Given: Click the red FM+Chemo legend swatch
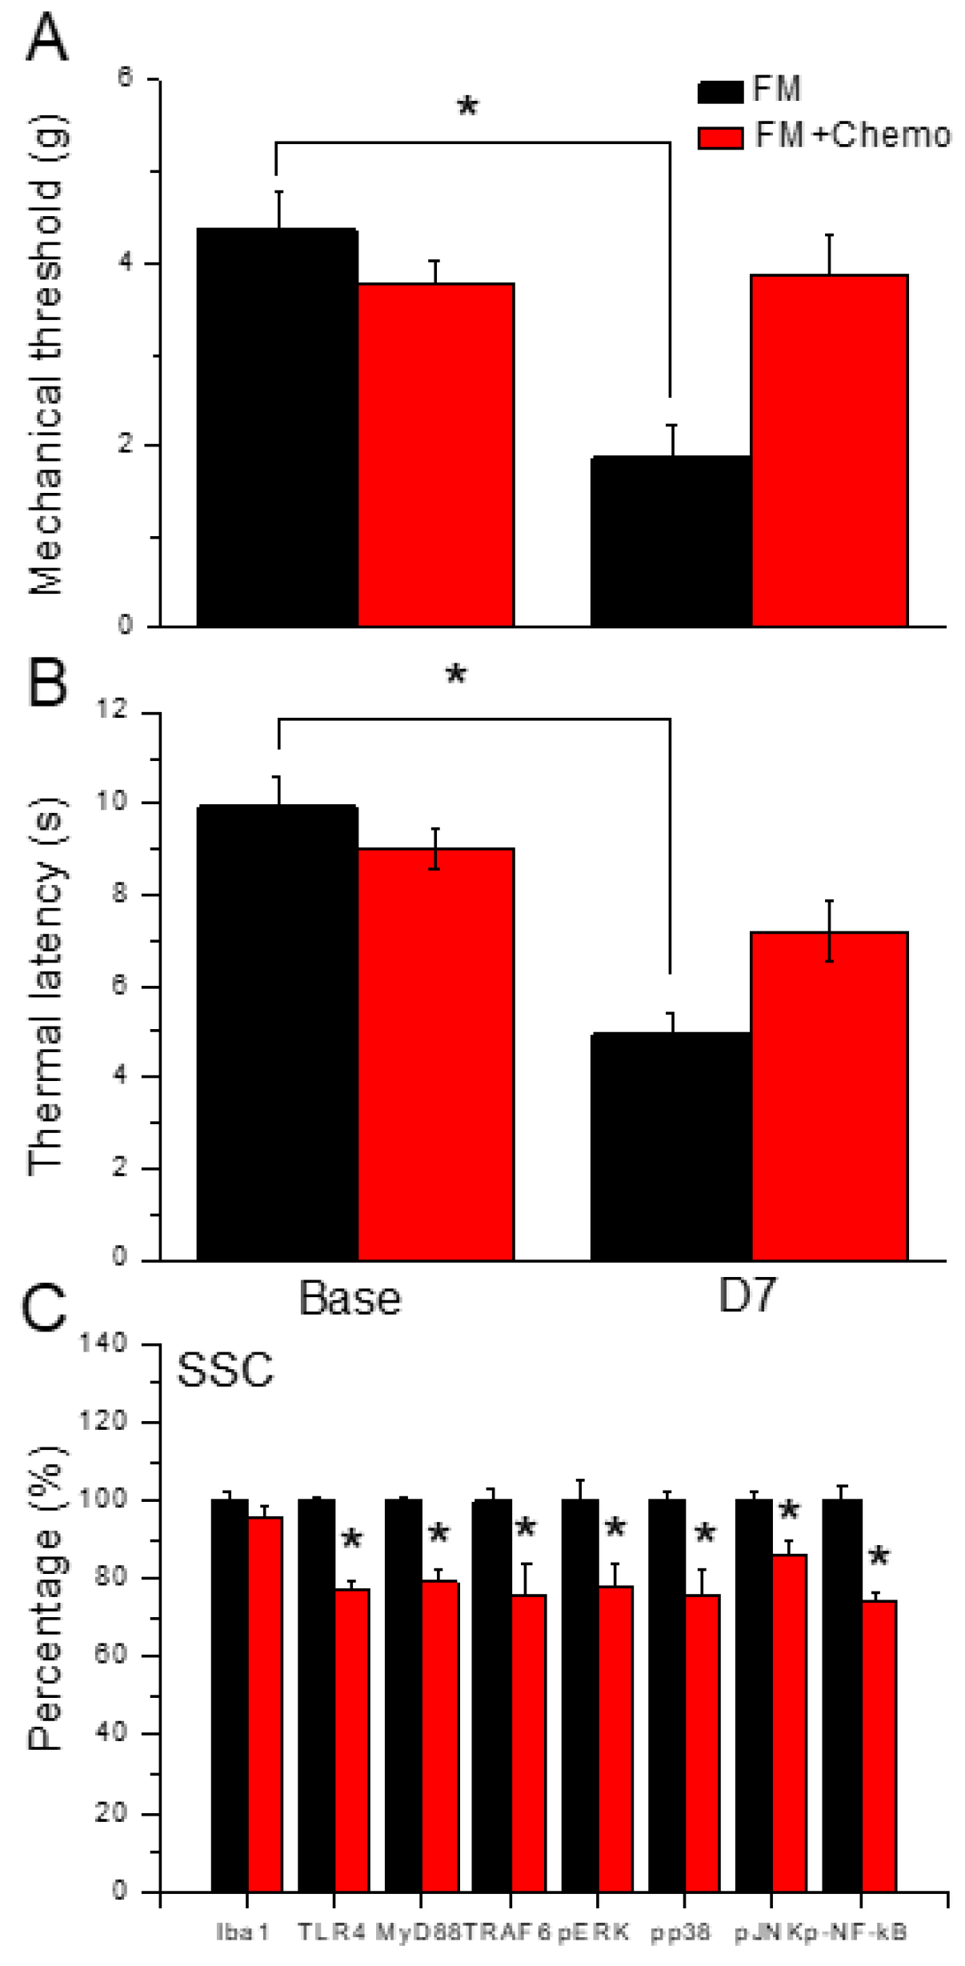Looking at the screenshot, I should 720,138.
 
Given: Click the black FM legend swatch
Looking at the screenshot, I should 720,91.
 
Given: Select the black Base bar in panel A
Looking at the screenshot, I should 277,427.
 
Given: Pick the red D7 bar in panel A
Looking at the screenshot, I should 829,450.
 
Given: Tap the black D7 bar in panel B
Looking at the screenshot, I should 671,1146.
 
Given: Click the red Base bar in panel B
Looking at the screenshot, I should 435,1054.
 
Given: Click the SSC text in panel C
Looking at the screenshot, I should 225,1371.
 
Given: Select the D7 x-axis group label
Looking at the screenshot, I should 747,1296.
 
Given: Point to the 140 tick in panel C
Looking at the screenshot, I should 103,1343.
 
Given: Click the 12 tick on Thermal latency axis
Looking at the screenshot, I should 112,710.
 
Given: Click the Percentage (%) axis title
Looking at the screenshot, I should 46,1600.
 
